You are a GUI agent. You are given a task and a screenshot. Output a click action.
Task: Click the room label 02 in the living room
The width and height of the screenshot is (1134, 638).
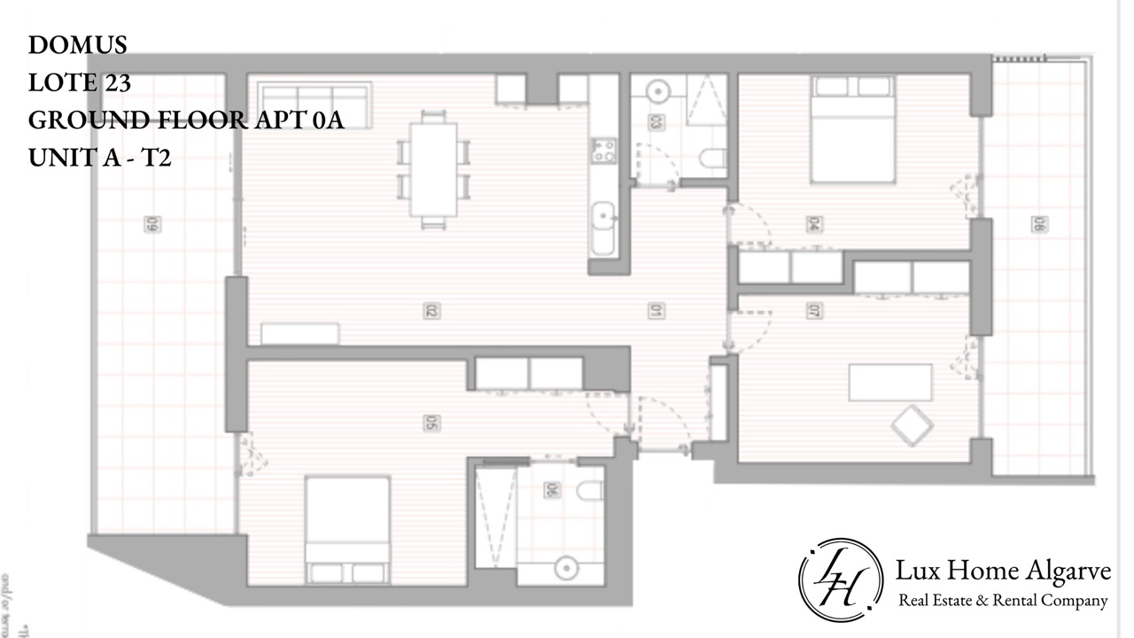(x=432, y=311)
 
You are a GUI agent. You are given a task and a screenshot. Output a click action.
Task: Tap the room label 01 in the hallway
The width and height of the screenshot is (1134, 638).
(x=656, y=311)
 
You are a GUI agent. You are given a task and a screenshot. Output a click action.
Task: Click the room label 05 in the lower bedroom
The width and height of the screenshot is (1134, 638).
(x=432, y=424)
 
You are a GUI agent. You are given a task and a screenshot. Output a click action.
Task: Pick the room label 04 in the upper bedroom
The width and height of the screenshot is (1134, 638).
(x=812, y=224)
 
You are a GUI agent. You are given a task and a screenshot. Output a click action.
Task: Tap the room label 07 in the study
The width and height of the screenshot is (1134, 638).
(x=812, y=311)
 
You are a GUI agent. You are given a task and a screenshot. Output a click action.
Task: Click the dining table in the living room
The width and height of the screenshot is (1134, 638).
(x=433, y=168)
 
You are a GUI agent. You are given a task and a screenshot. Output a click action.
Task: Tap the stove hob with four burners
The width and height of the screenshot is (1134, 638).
(x=604, y=151)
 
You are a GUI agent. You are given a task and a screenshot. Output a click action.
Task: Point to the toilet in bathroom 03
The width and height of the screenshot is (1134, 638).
(x=713, y=159)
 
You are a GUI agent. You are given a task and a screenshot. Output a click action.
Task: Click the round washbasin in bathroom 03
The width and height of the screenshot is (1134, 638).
(x=656, y=91)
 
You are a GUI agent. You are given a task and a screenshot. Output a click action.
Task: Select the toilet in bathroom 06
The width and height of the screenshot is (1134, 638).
(x=589, y=490)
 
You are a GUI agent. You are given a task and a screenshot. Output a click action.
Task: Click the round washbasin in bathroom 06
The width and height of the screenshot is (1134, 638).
(x=562, y=567)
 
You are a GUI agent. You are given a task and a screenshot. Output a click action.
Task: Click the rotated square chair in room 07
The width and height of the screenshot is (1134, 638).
(x=913, y=425)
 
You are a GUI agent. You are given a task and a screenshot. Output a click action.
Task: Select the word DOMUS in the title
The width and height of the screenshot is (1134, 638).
(x=78, y=44)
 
